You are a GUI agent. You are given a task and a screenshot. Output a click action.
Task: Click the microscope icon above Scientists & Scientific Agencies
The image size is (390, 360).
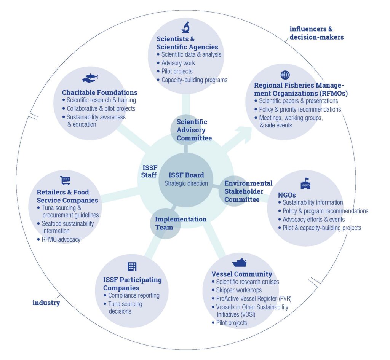coord(185,27)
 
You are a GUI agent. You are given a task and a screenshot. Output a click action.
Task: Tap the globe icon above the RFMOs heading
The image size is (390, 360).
coord(285,75)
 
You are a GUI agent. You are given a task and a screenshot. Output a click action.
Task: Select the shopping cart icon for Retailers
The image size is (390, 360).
coord(66,181)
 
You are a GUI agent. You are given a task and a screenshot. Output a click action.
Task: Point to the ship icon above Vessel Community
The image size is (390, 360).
coord(239,263)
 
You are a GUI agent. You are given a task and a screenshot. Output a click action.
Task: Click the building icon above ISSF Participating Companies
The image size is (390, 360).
coord(132,267)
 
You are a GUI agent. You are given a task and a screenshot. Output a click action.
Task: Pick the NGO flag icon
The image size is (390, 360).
coord(305,183)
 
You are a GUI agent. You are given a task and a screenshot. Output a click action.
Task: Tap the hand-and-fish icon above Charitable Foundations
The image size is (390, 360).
coord(90,78)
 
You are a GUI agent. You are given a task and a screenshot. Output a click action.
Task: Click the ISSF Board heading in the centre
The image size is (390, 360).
coord(186,175)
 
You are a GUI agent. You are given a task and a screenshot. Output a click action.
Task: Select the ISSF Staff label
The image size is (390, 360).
coord(149,171)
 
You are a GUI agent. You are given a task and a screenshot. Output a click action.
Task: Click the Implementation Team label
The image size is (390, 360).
coord(181,223)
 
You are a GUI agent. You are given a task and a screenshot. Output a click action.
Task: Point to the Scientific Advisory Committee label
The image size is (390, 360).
coord(194,130)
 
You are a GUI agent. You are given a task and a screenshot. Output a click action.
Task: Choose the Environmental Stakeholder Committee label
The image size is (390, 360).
coord(248,191)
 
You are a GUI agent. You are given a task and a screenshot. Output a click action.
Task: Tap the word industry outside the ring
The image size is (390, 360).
coord(46,303)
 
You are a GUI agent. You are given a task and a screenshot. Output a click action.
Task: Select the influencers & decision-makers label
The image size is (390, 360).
coord(316,33)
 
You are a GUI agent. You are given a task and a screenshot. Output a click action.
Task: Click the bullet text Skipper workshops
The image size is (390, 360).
coord(239,290)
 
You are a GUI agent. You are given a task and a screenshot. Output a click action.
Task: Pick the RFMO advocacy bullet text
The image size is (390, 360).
coord(61,239)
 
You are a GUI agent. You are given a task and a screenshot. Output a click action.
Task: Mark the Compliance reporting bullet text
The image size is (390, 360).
coord(134,295)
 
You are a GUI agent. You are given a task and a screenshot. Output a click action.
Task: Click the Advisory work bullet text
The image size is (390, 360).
coord(178,63)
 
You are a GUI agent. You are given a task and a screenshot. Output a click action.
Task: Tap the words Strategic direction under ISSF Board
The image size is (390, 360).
coord(186,183)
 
